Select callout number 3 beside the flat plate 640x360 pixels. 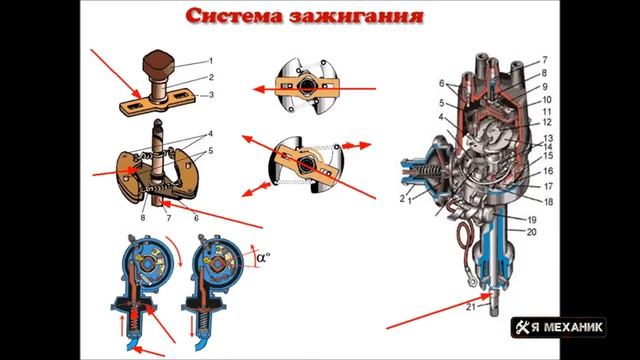(x=211, y=94)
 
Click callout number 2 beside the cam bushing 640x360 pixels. (x=210, y=76)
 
